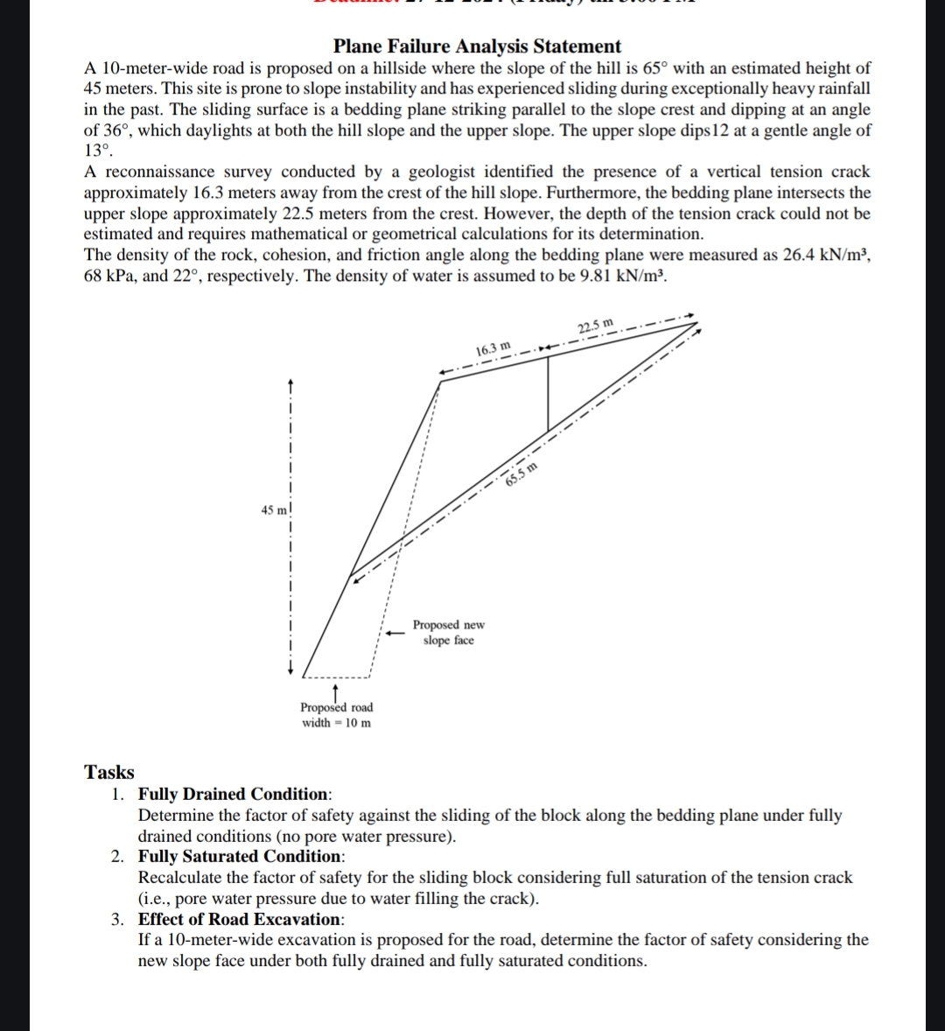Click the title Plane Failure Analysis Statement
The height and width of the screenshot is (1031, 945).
477,46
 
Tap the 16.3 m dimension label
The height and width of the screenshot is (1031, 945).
493,350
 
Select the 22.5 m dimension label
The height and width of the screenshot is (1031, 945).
597,327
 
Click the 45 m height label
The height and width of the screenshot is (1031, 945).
274,509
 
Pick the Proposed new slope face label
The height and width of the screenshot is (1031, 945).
448,633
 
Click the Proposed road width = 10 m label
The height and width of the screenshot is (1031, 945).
336,714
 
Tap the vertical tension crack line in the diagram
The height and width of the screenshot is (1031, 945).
548,394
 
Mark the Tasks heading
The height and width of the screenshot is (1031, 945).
109,772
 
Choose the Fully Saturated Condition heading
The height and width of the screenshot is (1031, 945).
241,856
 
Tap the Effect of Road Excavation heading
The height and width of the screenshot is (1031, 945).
241,919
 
